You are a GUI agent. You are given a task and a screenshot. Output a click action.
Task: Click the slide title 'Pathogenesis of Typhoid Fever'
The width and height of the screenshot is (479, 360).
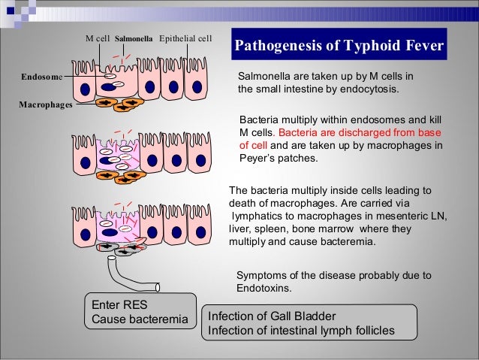click(x=340, y=49)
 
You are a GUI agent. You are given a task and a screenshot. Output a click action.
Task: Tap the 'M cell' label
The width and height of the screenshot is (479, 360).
click(x=98, y=38)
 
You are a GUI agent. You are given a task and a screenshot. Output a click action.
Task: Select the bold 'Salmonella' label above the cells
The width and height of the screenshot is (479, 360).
click(x=134, y=38)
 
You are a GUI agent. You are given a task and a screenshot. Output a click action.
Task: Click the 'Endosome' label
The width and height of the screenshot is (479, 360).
click(x=38, y=76)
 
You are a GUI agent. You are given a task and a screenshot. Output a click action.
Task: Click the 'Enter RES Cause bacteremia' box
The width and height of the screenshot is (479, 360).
click(x=139, y=313)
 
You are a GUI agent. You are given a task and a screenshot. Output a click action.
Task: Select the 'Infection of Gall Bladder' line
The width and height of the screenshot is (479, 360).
click(x=272, y=316)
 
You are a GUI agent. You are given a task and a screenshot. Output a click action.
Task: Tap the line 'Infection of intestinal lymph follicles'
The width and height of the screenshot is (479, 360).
click(x=300, y=331)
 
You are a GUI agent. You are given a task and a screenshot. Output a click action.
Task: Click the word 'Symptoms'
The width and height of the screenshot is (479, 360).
click(x=262, y=275)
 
